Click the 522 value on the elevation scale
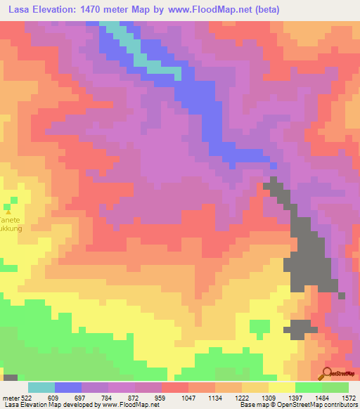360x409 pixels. coord(27,397)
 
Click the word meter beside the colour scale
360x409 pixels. coord(10,397)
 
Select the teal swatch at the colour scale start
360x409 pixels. coord(41,387)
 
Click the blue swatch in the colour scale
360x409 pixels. coord(68,387)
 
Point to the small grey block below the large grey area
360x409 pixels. coord(301,327)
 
